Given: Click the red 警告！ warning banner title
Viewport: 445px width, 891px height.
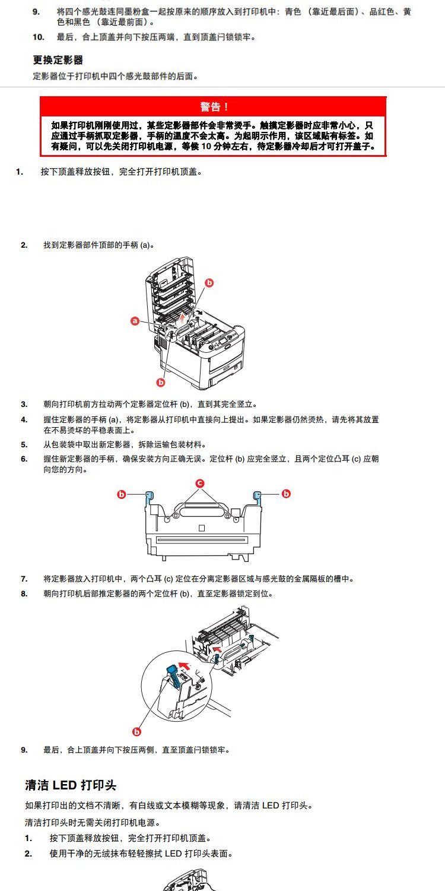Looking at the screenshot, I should (213, 106).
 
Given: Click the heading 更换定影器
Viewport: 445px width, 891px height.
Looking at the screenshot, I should (58, 60).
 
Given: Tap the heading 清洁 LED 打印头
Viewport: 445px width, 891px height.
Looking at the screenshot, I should (71, 785).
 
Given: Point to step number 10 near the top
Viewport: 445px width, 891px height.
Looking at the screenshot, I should (38, 37).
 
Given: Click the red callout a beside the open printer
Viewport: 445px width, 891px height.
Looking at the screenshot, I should (135, 321).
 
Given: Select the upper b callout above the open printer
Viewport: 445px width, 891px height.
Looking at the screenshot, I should (209, 283).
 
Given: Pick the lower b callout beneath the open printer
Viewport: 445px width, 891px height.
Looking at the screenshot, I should (160, 382).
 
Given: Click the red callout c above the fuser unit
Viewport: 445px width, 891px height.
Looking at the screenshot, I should (200, 482).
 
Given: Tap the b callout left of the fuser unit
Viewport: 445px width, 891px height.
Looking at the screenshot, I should (121, 494).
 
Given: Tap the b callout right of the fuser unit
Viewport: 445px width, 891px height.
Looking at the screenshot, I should (286, 494).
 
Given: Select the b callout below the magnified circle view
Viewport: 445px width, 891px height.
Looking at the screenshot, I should (137, 732).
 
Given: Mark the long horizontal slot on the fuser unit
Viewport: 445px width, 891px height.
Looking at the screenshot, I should (201, 540).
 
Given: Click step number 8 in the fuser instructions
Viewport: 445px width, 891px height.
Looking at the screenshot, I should (24, 593).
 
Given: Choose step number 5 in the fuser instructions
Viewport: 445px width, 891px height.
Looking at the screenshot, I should (24, 444).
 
